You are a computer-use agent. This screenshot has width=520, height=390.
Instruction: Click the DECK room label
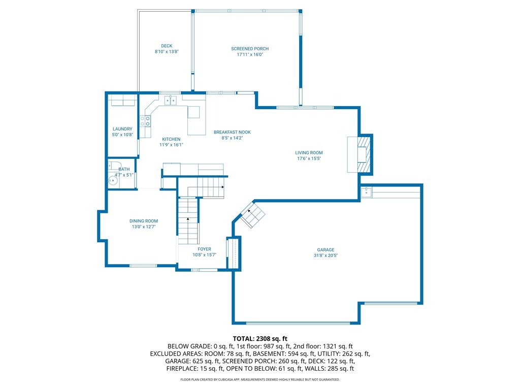click(x=167, y=46)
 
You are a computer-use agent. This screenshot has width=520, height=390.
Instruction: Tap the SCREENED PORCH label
click(x=250, y=49)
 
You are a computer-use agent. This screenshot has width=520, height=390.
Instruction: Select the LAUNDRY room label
click(x=122, y=129)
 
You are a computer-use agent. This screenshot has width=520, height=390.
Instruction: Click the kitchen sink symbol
click(x=171, y=100)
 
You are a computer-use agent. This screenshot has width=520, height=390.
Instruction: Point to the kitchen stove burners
click(x=145, y=121)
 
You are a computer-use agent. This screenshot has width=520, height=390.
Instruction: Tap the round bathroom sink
click(x=113, y=181)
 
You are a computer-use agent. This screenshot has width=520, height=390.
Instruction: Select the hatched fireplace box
click(x=363, y=154)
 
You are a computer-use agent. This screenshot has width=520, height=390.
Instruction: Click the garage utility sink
click(x=366, y=192)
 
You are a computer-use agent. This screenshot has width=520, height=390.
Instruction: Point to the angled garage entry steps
click(x=253, y=215)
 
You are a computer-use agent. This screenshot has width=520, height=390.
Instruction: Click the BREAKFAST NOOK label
click(x=232, y=133)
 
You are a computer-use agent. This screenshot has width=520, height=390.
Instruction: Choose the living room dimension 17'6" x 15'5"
click(x=309, y=158)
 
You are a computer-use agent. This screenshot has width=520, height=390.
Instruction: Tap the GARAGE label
click(x=326, y=250)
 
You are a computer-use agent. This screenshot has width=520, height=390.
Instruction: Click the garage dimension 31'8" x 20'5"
click(x=326, y=256)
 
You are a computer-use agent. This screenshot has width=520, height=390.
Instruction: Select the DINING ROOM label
click(x=144, y=221)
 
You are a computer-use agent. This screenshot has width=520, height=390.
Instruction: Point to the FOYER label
click(x=204, y=249)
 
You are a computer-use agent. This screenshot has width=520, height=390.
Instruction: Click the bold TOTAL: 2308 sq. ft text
click(x=260, y=339)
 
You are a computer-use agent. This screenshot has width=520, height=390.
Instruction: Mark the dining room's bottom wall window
click(x=143, y=266)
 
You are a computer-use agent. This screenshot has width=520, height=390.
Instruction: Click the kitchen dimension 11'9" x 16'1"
click(x=171, y=145)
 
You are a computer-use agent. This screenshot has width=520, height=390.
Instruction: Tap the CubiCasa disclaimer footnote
click(x=260, y=379)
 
